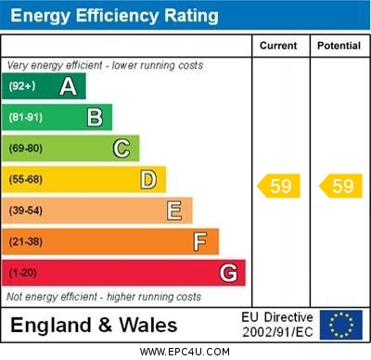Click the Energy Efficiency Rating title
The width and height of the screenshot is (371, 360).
pyautogui.click(x=114, y=16)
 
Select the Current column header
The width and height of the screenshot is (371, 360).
pyautogui.click(x=278, y=45)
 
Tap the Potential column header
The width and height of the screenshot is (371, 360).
pyautogui.click(x=339, y=45)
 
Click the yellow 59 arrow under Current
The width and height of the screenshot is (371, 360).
pyautogui.click(x=279, y=186)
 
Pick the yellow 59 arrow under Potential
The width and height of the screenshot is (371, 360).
pyautogui.click(x=340, y=186)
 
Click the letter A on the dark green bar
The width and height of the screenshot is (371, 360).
pyautogui.click(x=68, y=86)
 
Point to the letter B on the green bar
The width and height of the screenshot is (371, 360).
pyautogui.click(x=95, y=117)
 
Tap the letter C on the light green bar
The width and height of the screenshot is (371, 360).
pyautogui.click(x=122, y=148)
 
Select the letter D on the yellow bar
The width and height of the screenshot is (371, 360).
pyautogui.click(x=147, y=179)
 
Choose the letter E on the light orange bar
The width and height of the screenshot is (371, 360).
pyautogui.click(x=173, y=211)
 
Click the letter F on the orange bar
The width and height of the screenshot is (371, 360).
pyautogui.click(x=199, y=242)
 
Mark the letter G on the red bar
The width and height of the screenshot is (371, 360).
pyautogui.click(x=228, y=274)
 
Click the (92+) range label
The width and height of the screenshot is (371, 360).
pyautogui.click(x=22, y=86)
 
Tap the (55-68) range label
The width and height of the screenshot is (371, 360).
pyautogui.click(x=26, y=180)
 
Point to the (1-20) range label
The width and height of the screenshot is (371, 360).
pyautogui.click(x=23, y=274)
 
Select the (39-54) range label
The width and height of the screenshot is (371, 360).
pyautogui.click(x=26, y=212)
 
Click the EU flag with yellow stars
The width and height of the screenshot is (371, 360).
pyautogui.click(x=341, y=325)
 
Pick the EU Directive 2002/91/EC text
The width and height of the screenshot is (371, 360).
pyautogui.click(x=277, y=325)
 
